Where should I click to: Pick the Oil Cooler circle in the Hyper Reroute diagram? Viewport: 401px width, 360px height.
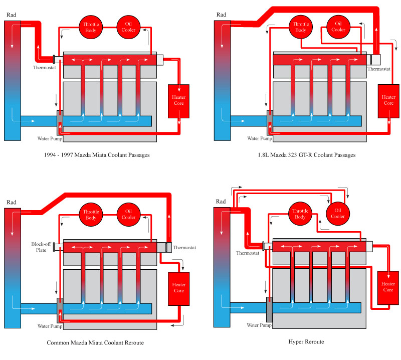click(338, 214)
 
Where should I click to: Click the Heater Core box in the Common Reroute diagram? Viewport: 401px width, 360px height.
click(178, 287)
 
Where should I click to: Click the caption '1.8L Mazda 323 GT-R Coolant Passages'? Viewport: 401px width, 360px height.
click(304, 155)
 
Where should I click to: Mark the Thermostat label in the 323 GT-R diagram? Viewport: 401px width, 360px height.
click(378, 69)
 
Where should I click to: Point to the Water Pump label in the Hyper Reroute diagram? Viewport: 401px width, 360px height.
click(259, 325)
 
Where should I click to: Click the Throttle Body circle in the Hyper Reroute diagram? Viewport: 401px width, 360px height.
click(300, 214)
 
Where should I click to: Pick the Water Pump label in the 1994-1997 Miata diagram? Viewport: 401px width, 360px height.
click(49, 138)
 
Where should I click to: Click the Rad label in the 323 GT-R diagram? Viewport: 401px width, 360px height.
click(222, 15)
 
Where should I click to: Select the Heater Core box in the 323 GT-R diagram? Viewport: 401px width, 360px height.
click(389, 100)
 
